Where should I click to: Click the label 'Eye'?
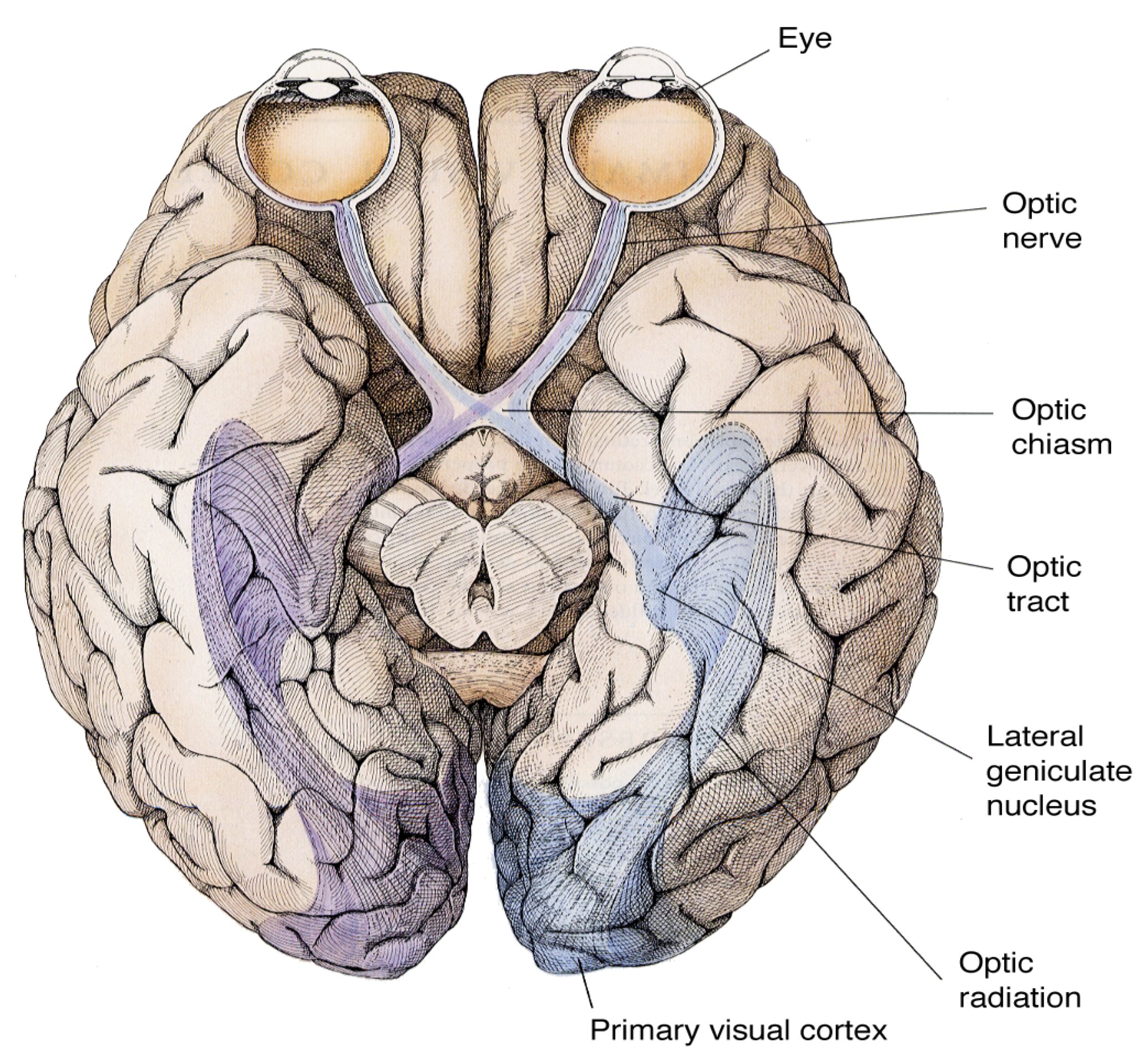coord(804,39)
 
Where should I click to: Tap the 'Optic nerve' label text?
coord(1041,220)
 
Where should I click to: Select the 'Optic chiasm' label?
coord(1061,426)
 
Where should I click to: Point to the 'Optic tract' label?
coord(1043,583)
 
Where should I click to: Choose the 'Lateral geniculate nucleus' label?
coord(1058,771)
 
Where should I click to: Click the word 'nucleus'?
coord(1041,806)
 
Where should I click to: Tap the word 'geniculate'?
coord(1059,771)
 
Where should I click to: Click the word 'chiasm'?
coord(1061,444)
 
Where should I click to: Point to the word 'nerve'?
coord(1041,238)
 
